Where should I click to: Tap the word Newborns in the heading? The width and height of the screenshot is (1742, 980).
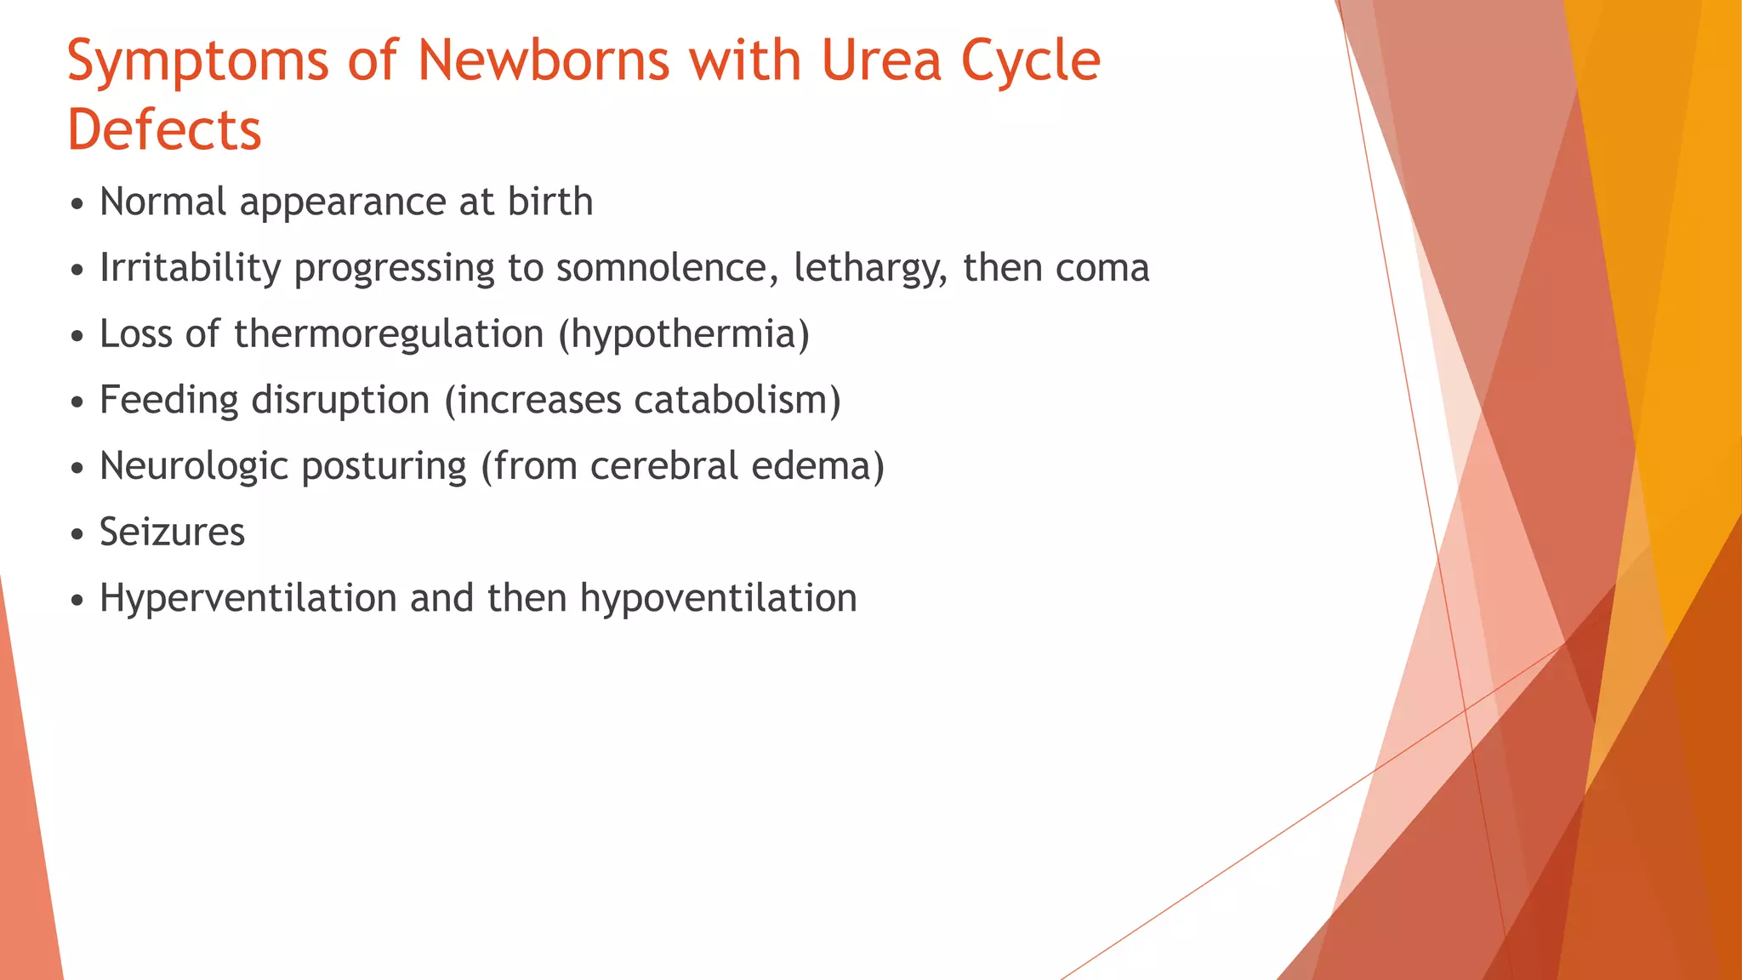coord(543,61)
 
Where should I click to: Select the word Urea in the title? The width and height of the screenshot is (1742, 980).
coord(881,61)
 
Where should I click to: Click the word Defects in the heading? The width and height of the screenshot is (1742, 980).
coord(164,131)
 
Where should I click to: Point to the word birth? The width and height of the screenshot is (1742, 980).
coord(549,202)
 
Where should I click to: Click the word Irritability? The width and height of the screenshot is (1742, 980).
coord(190,268)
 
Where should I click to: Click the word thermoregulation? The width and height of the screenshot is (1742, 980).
coord(389,333)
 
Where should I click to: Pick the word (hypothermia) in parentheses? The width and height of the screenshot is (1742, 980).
coord(684,334)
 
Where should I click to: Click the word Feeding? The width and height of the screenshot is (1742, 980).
coord(169,401)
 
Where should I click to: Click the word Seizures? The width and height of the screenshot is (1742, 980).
coord(172,533)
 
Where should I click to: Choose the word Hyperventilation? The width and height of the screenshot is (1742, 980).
coord(248,598)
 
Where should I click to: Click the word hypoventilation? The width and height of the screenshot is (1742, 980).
coord(718,599)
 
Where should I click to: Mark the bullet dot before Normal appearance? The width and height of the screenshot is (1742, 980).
coord(77,205)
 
